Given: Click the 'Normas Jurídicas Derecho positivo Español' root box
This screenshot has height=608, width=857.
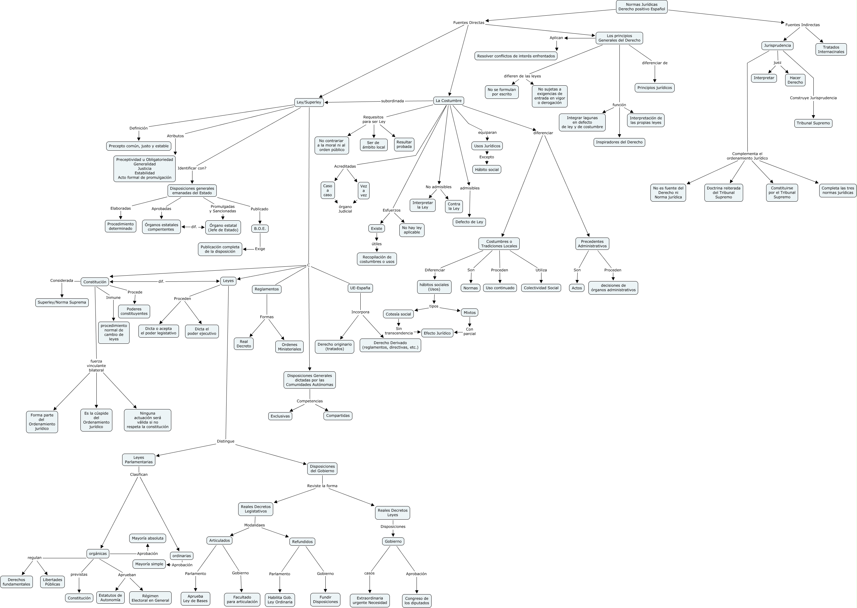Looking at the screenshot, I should tap(641, 7).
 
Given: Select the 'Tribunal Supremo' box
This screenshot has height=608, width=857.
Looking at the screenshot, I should tap(813, 123).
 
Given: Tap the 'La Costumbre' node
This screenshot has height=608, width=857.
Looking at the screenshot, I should tap(448, 101).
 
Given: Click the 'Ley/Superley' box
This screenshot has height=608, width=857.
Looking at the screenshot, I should tap(309, 102).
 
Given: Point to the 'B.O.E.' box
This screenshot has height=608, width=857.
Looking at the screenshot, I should tap(260, 228).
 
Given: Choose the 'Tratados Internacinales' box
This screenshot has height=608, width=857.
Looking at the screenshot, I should tap(831, 49).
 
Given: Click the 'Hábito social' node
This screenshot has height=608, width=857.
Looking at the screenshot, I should tap(487, 170).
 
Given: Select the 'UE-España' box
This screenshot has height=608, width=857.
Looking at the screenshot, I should tap(360, 288).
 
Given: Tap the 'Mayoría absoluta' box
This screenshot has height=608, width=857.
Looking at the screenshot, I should tap(148, 538).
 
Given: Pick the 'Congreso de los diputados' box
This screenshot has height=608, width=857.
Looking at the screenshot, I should tap(417, 601).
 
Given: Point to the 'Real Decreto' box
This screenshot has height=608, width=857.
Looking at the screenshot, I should tap(244, 344).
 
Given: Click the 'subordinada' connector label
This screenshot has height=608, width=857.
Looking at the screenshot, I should tap(392, 101).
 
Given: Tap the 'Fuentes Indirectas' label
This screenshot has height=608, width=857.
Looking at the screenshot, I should tap(802, 25).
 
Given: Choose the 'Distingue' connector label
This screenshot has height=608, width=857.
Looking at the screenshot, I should tap(225, 441).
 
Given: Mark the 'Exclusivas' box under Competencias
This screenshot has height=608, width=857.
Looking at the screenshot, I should tap(280, 416).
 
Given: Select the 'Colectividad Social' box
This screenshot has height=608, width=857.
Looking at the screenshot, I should tap(541, 288).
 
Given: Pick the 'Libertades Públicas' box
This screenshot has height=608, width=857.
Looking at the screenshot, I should tap(52, 582).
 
